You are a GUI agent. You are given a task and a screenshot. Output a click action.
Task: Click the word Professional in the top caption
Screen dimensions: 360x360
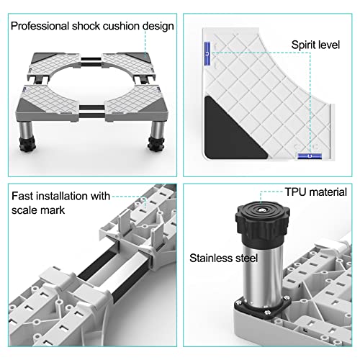tap(40, 26)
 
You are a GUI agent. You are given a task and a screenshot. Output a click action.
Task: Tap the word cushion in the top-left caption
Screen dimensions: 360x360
tap(121, 26)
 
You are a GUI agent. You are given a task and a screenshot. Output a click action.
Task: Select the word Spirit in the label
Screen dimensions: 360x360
tap(303, 45)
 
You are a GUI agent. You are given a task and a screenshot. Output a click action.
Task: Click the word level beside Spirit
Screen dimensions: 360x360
tap(328, 45)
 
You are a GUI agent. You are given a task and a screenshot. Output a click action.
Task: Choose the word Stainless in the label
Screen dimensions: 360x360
tap(211, 258)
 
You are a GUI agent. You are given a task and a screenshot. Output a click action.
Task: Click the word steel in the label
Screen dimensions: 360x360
tap(246, 258)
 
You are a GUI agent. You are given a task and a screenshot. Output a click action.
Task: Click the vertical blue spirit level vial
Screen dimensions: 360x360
tap(207, 53)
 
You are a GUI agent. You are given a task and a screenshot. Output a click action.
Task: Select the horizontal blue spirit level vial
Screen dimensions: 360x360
tap(310, 156)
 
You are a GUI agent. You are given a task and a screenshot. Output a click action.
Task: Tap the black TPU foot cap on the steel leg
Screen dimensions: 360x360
tap(262, 222)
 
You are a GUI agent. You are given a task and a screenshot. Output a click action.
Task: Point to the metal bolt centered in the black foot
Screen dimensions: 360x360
tap(262, 210)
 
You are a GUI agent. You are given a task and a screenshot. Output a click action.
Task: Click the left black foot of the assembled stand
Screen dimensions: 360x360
tap(28, 144)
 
